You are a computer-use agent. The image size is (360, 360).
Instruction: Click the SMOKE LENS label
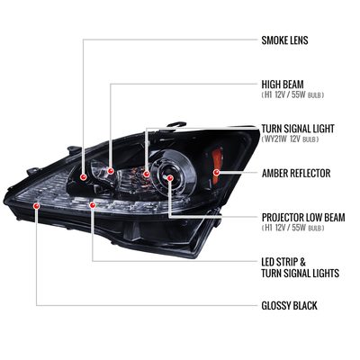(x=284, y=40)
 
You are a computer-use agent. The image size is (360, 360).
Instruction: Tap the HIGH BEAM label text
(x=283, y=85)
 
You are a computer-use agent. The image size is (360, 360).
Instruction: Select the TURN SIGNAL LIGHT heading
(x=298, y=129)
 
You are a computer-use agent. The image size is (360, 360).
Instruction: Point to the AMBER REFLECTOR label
(x=296, y=173)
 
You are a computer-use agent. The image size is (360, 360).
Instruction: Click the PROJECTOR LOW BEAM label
(x=303, y=217)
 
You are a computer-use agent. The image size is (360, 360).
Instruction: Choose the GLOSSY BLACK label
(x=289, y=306)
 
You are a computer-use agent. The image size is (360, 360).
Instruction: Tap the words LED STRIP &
(x=283, y=262)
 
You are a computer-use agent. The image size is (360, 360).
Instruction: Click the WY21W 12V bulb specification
(x=290, y=139)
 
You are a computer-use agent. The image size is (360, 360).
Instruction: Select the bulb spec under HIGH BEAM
(x=292, y=95)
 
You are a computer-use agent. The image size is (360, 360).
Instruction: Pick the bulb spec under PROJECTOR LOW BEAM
(x=292, y=228)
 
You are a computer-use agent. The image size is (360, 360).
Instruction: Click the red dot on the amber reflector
(x=216, y=172)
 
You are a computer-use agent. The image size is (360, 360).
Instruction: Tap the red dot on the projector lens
(x=170, y=178)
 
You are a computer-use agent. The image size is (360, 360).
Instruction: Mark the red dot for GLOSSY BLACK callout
(x=37, y=206)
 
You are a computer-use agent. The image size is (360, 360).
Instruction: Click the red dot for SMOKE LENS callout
(x=84, y=177)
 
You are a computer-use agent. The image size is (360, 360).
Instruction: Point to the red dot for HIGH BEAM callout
(x=111, y=171)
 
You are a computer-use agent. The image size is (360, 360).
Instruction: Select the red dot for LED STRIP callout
(x=93, y=205)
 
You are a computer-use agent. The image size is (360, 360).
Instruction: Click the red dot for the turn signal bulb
(x=147, y=174)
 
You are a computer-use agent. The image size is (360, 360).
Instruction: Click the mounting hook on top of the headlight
(x=177, y=124)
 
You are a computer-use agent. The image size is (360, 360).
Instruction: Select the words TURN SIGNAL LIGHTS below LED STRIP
(x=301, y=274)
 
